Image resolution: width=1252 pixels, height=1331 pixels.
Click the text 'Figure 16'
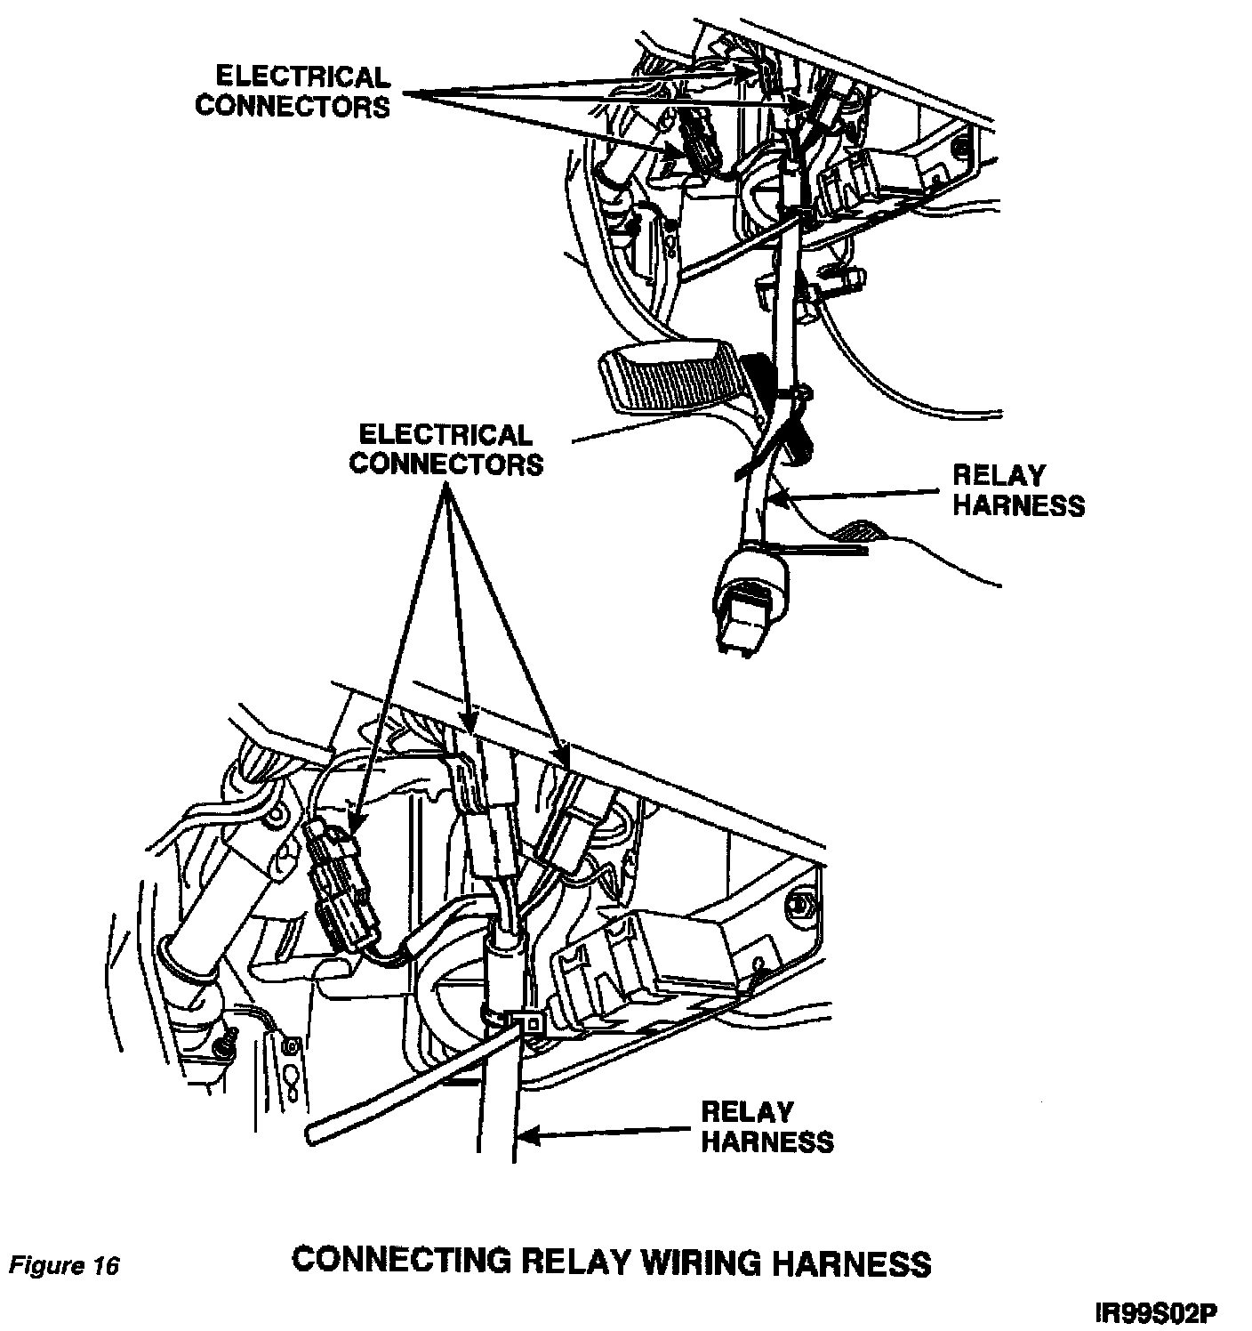pyautogui.click(x=64, y=1265)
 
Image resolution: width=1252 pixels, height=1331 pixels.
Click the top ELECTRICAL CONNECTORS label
pyautogui.click(x=293, y=92)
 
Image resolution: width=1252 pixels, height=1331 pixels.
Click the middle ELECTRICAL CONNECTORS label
pyautogui.click(x=445, y=449)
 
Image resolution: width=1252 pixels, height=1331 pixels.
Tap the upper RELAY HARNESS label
pyautogui.click(x=1018, y=490)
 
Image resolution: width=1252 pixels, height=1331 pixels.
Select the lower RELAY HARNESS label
pyautogui.click(x=767, y=1126)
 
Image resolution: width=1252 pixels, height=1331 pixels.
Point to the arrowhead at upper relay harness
pyautogui.click(x=776, y=499)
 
